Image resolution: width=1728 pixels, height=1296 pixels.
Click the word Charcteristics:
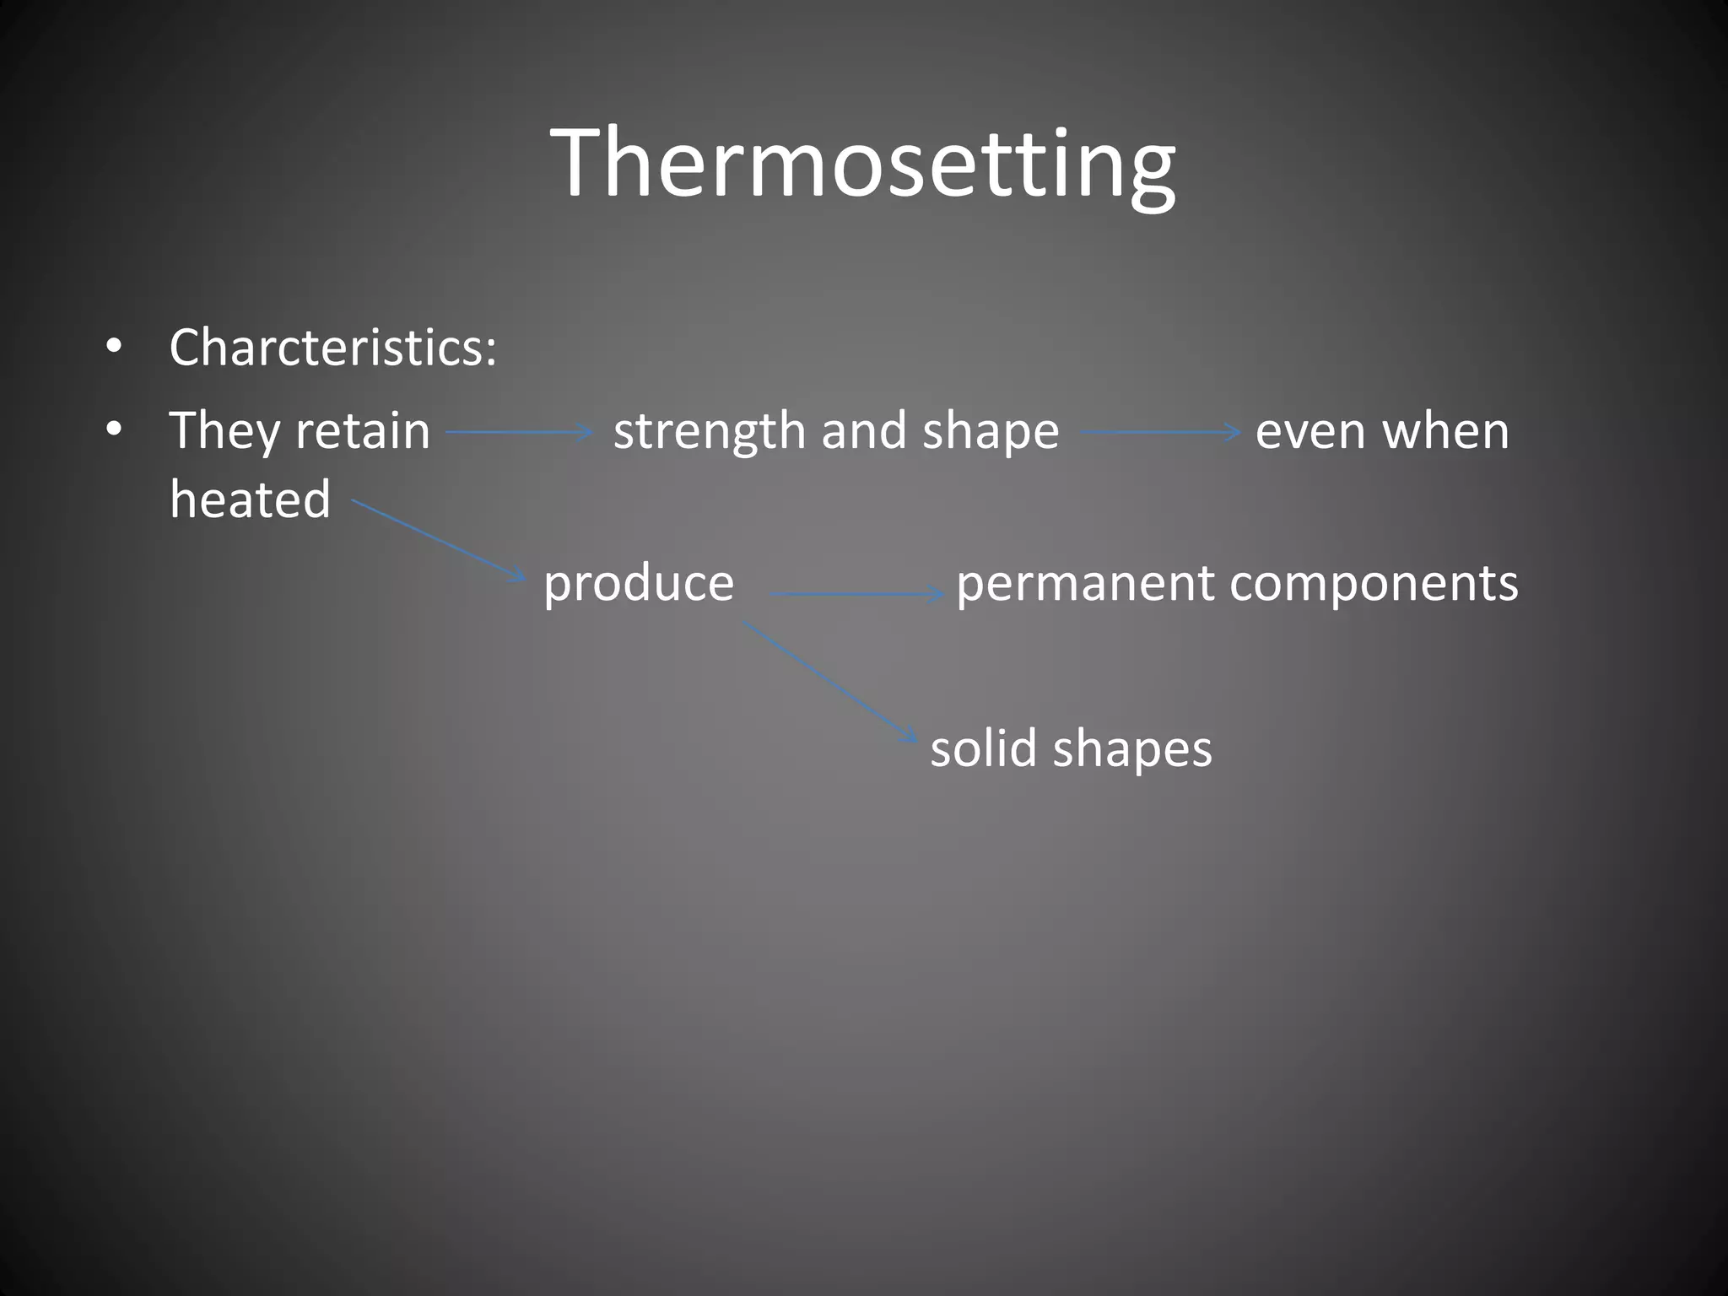point(332,348)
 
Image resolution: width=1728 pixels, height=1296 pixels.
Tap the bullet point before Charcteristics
point(114,347)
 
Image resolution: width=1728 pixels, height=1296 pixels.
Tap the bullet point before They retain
point(114,430)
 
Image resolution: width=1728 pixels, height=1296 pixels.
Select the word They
point(224,431)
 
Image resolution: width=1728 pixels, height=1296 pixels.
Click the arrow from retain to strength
point(519,433)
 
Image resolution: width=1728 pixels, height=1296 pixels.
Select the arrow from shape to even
point(1159,433)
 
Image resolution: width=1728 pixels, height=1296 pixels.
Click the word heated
point(250,499)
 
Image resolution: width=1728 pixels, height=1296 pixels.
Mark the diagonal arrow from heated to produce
point(439,539)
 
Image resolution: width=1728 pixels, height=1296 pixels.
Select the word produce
point(639,583)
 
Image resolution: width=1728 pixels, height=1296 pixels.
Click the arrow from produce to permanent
point(856,594)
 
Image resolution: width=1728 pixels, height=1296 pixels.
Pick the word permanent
point(1085,583)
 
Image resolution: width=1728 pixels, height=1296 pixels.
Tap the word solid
point(983,748)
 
